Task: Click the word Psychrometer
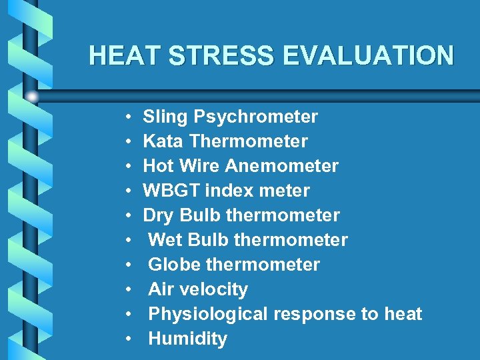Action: point(255,117)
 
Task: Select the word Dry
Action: point(159,215)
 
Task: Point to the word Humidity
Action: point(187,339)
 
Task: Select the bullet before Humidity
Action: point(127,339)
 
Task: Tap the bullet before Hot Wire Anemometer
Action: point(127,167)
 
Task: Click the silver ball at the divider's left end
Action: point(32,97)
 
